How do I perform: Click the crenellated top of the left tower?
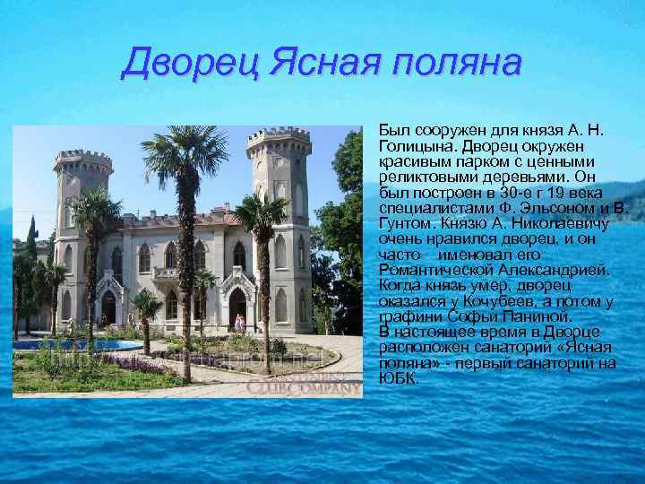[x=83, y=159]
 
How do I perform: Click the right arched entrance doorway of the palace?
[x=237, y=307]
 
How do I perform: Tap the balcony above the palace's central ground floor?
[x=167, y=272]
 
